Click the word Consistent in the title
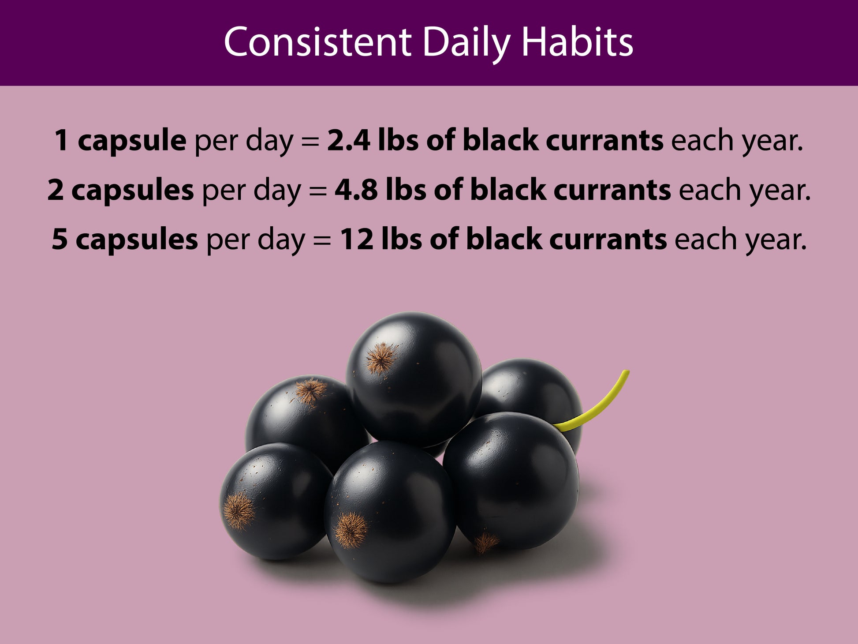pos(317,42)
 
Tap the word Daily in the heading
pos(466,45)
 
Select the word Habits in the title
pos(578,42)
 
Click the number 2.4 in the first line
pos(348,141)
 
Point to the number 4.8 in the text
pos(356,190)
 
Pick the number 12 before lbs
pos(357,240)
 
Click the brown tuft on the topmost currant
pos(381,358)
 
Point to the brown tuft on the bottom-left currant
pos(239,511)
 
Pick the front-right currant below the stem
pos(511,481)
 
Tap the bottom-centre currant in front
pos(391,512)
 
